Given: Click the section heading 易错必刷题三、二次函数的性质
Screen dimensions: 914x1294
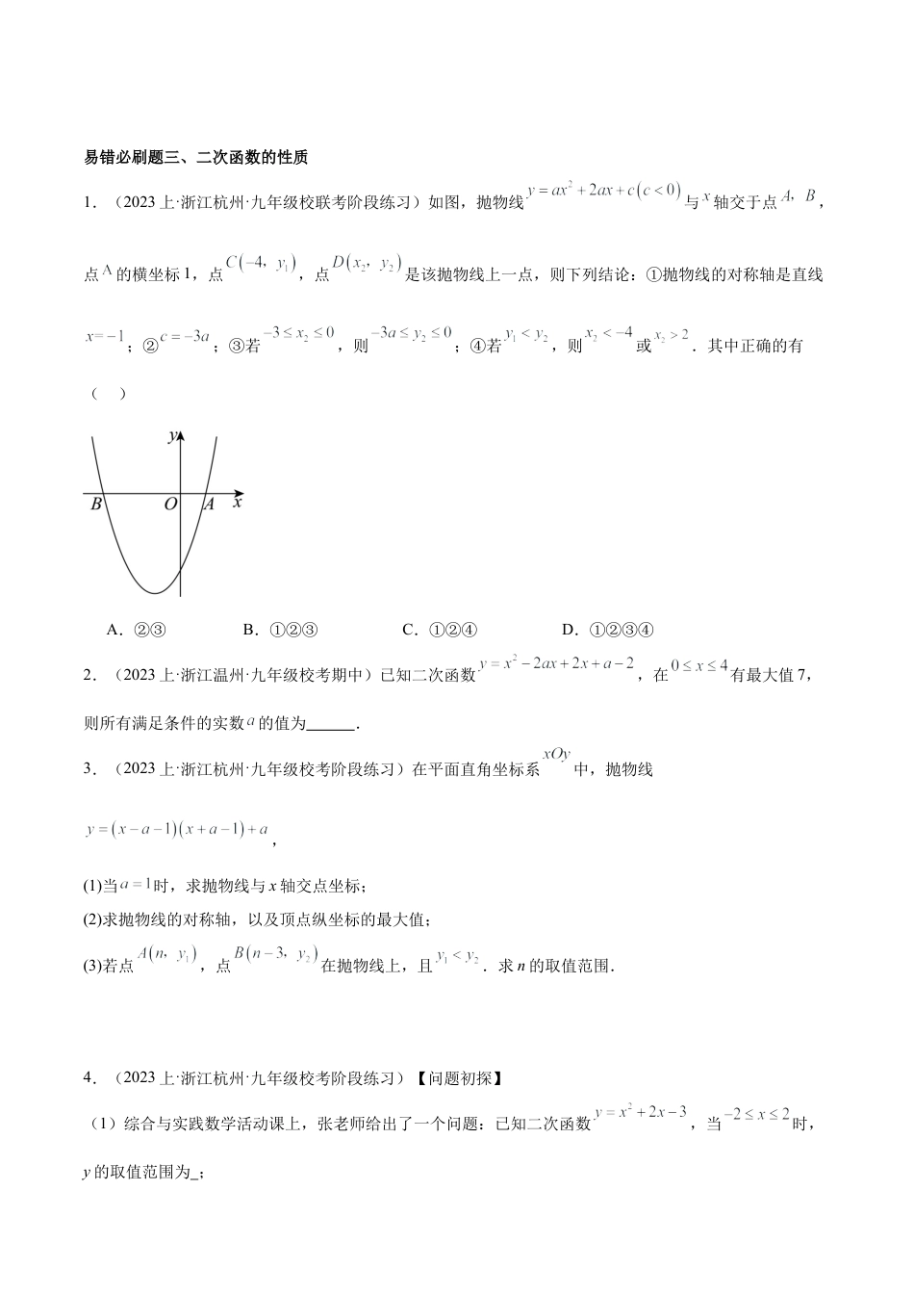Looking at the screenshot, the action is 196,158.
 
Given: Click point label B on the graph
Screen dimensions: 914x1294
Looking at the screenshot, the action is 96,504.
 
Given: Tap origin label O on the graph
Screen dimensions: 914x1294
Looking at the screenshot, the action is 170,504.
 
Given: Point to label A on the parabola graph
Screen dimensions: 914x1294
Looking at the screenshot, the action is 209,504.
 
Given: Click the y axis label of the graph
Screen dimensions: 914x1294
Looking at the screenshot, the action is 171,436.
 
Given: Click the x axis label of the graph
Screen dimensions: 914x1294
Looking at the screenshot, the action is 238,502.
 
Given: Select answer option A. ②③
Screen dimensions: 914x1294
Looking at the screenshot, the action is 138,630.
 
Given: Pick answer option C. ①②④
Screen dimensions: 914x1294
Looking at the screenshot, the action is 440,630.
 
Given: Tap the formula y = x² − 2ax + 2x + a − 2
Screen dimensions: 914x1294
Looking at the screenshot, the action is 556,663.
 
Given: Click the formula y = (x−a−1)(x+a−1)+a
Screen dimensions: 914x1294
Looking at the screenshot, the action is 176,829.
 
